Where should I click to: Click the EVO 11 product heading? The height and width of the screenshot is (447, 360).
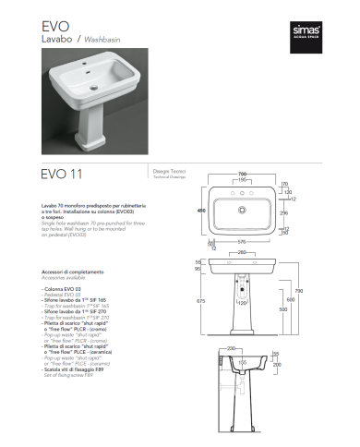[x=66, y=172]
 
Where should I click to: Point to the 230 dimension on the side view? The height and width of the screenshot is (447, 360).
[x=233, y=348]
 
